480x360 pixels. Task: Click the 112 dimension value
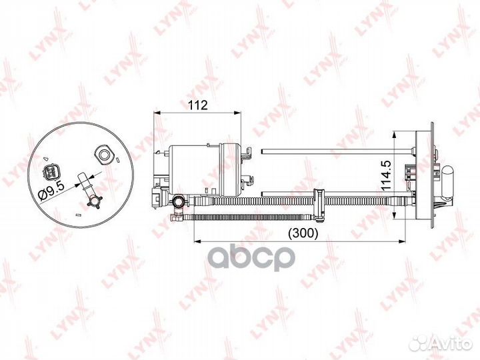point(198,105)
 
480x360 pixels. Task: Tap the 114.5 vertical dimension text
point(386,175)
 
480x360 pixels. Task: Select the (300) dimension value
point(303,233)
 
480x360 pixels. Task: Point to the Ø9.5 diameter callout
point(51,190)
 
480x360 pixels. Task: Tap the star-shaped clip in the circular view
point(94,202)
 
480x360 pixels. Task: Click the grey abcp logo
point(251,257)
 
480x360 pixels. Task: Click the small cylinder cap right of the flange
point(448,181)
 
